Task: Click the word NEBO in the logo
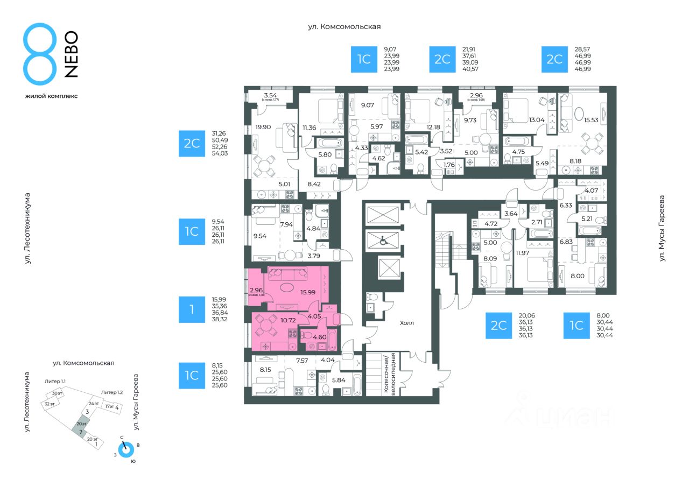[71, 54]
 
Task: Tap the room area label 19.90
[263, 128]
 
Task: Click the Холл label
[407, 323]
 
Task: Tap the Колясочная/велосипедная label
[389, 374]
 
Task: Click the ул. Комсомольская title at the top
[344, 26]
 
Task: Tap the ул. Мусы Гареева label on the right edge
[662, 228]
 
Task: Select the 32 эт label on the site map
[50, 404]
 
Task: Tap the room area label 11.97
[524, 253]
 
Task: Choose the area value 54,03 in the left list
[220, 153]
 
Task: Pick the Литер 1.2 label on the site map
[114, 392]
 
